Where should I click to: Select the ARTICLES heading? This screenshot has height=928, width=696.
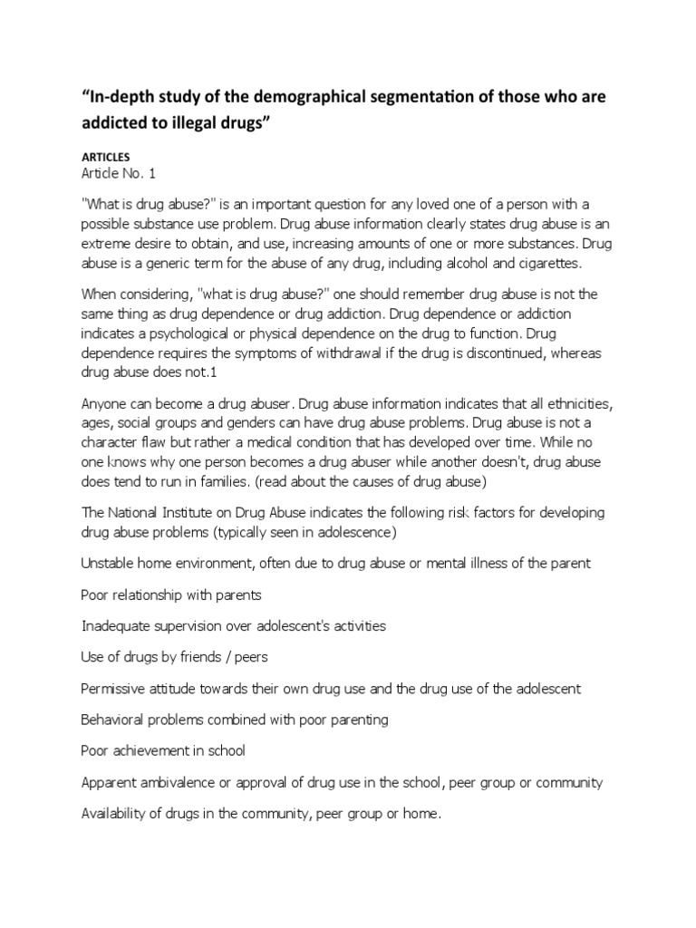[107, 157]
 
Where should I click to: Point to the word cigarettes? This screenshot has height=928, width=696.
[558, 263]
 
